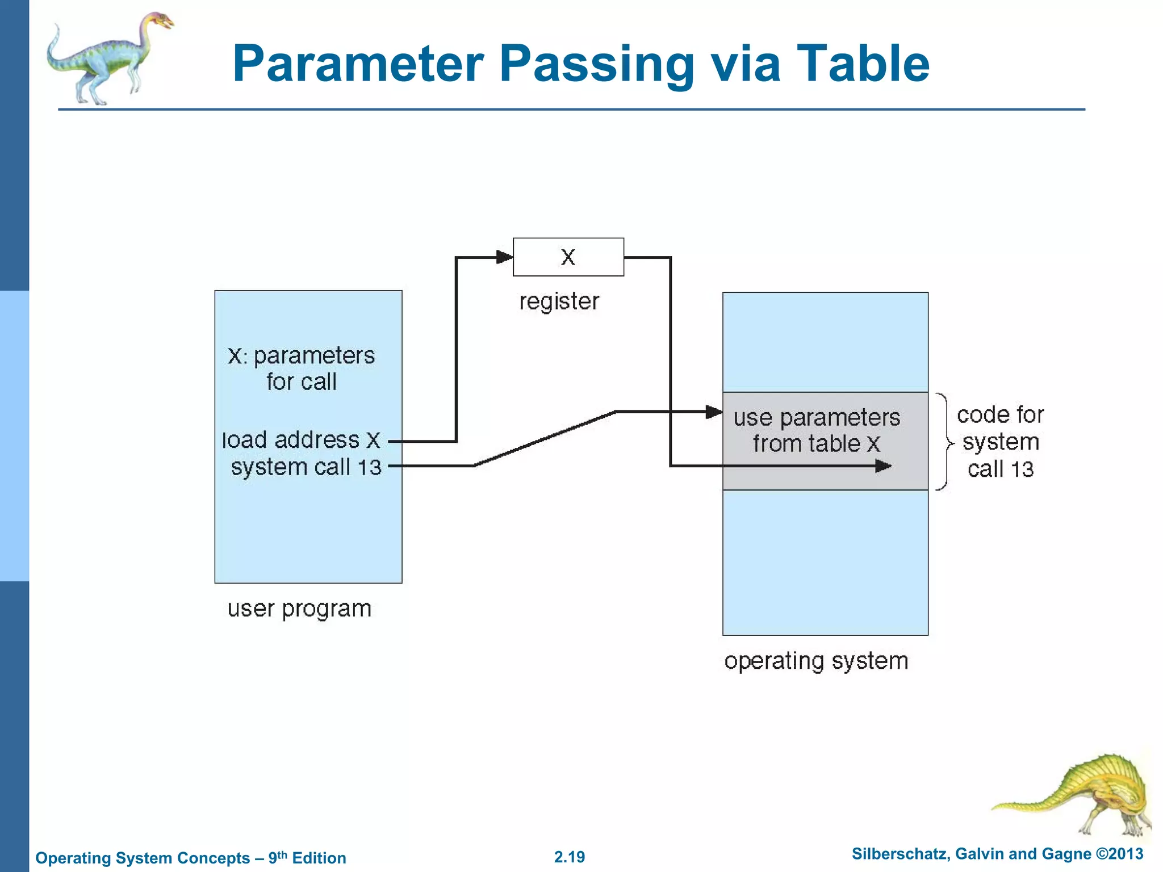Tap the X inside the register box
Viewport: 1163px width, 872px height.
pos(568,257)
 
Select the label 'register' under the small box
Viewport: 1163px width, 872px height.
pos(559,301)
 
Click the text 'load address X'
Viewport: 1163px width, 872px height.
pos(301,441)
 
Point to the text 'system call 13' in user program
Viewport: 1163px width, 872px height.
pos(306,467)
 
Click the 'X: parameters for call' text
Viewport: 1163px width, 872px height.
pos(302,368)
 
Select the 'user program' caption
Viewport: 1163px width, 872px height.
pos(299,609)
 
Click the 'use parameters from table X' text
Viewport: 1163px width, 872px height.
pos(817,430)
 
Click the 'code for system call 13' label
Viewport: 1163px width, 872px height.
pos(1001,442)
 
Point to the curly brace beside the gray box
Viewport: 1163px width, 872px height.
pos(944,442)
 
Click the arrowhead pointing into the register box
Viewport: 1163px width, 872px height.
pos(504,257)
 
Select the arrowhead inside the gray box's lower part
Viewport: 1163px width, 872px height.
pos(883,466)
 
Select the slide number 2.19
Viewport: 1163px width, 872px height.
pos(570,857)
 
